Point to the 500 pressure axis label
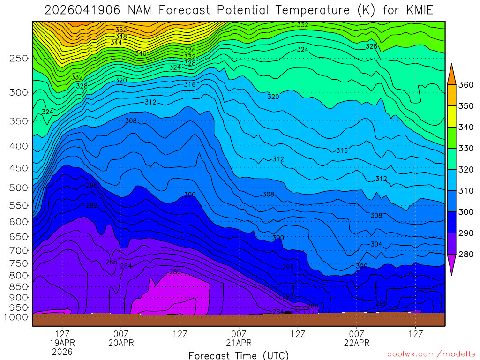pyautogui.click(x=19, y=187)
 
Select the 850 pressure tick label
pyautogui.click(x=19, y=286)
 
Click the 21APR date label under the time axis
pyautogui.click(x=239, y=343)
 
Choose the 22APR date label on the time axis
pyautogui.click(x=357, y=343)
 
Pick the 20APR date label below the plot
pyautogui.click(x=121, y=343)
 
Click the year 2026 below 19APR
pyautogui.click(x=62, y=352)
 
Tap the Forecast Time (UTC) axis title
pyautogui.click(x=239, y=355)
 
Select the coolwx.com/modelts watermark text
pyautogui.click(x=431, y=354)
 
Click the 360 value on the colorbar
pyautogui.click(x=466, y=85)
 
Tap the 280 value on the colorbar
pyautogui.click(x=466, y=254)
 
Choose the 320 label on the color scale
pyautogui.click(x=466, y=169)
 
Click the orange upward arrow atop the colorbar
pyautogui.click(x=451, y=74)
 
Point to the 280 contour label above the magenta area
pyautogui.click(x=175, y=272)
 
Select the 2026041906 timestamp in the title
pyautogui.click(x=83, y=10)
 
